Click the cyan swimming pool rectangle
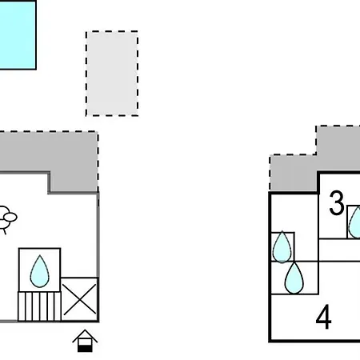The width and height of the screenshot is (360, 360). (18, 35)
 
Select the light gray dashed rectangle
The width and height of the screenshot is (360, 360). (112, 74)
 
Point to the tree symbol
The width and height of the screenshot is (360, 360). (7, 219)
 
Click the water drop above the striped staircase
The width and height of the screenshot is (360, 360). (40, 271)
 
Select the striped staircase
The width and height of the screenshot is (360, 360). (39, 306)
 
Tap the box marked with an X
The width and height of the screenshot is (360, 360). (80, 299)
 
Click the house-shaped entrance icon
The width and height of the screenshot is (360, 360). (85, 341)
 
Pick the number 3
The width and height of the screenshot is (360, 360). (337, 203)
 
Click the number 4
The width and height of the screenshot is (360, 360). (324, 317)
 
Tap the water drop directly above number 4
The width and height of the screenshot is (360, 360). (294, 278)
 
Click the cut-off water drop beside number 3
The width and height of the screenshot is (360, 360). (355, 222)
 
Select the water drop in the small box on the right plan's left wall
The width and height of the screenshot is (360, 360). (282, 247)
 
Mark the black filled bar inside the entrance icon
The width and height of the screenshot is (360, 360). (85, 349)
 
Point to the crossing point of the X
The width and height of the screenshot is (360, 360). (79, 299)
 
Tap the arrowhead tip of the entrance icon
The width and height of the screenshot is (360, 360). (85, 330)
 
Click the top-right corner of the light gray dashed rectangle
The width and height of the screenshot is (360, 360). (138, 31)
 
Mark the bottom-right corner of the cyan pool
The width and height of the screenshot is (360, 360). (36, 69)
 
